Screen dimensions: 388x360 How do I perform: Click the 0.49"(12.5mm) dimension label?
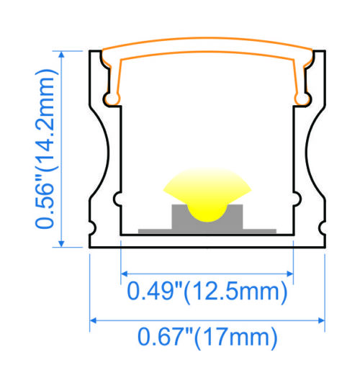pos(207,292)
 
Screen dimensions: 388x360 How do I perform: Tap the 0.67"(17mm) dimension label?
pos(207,335)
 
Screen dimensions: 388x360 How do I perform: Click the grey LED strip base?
pos(207,230)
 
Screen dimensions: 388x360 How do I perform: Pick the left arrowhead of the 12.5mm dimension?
pos(124,273)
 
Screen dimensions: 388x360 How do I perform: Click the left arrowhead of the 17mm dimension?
pos(94,320)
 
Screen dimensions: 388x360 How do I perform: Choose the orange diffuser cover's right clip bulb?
pos(303,95)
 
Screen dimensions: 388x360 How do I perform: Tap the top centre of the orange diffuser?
pos(207,48)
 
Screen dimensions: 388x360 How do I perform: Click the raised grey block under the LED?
pos(207,217)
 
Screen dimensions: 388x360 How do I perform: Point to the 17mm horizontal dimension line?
pos(207,320)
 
